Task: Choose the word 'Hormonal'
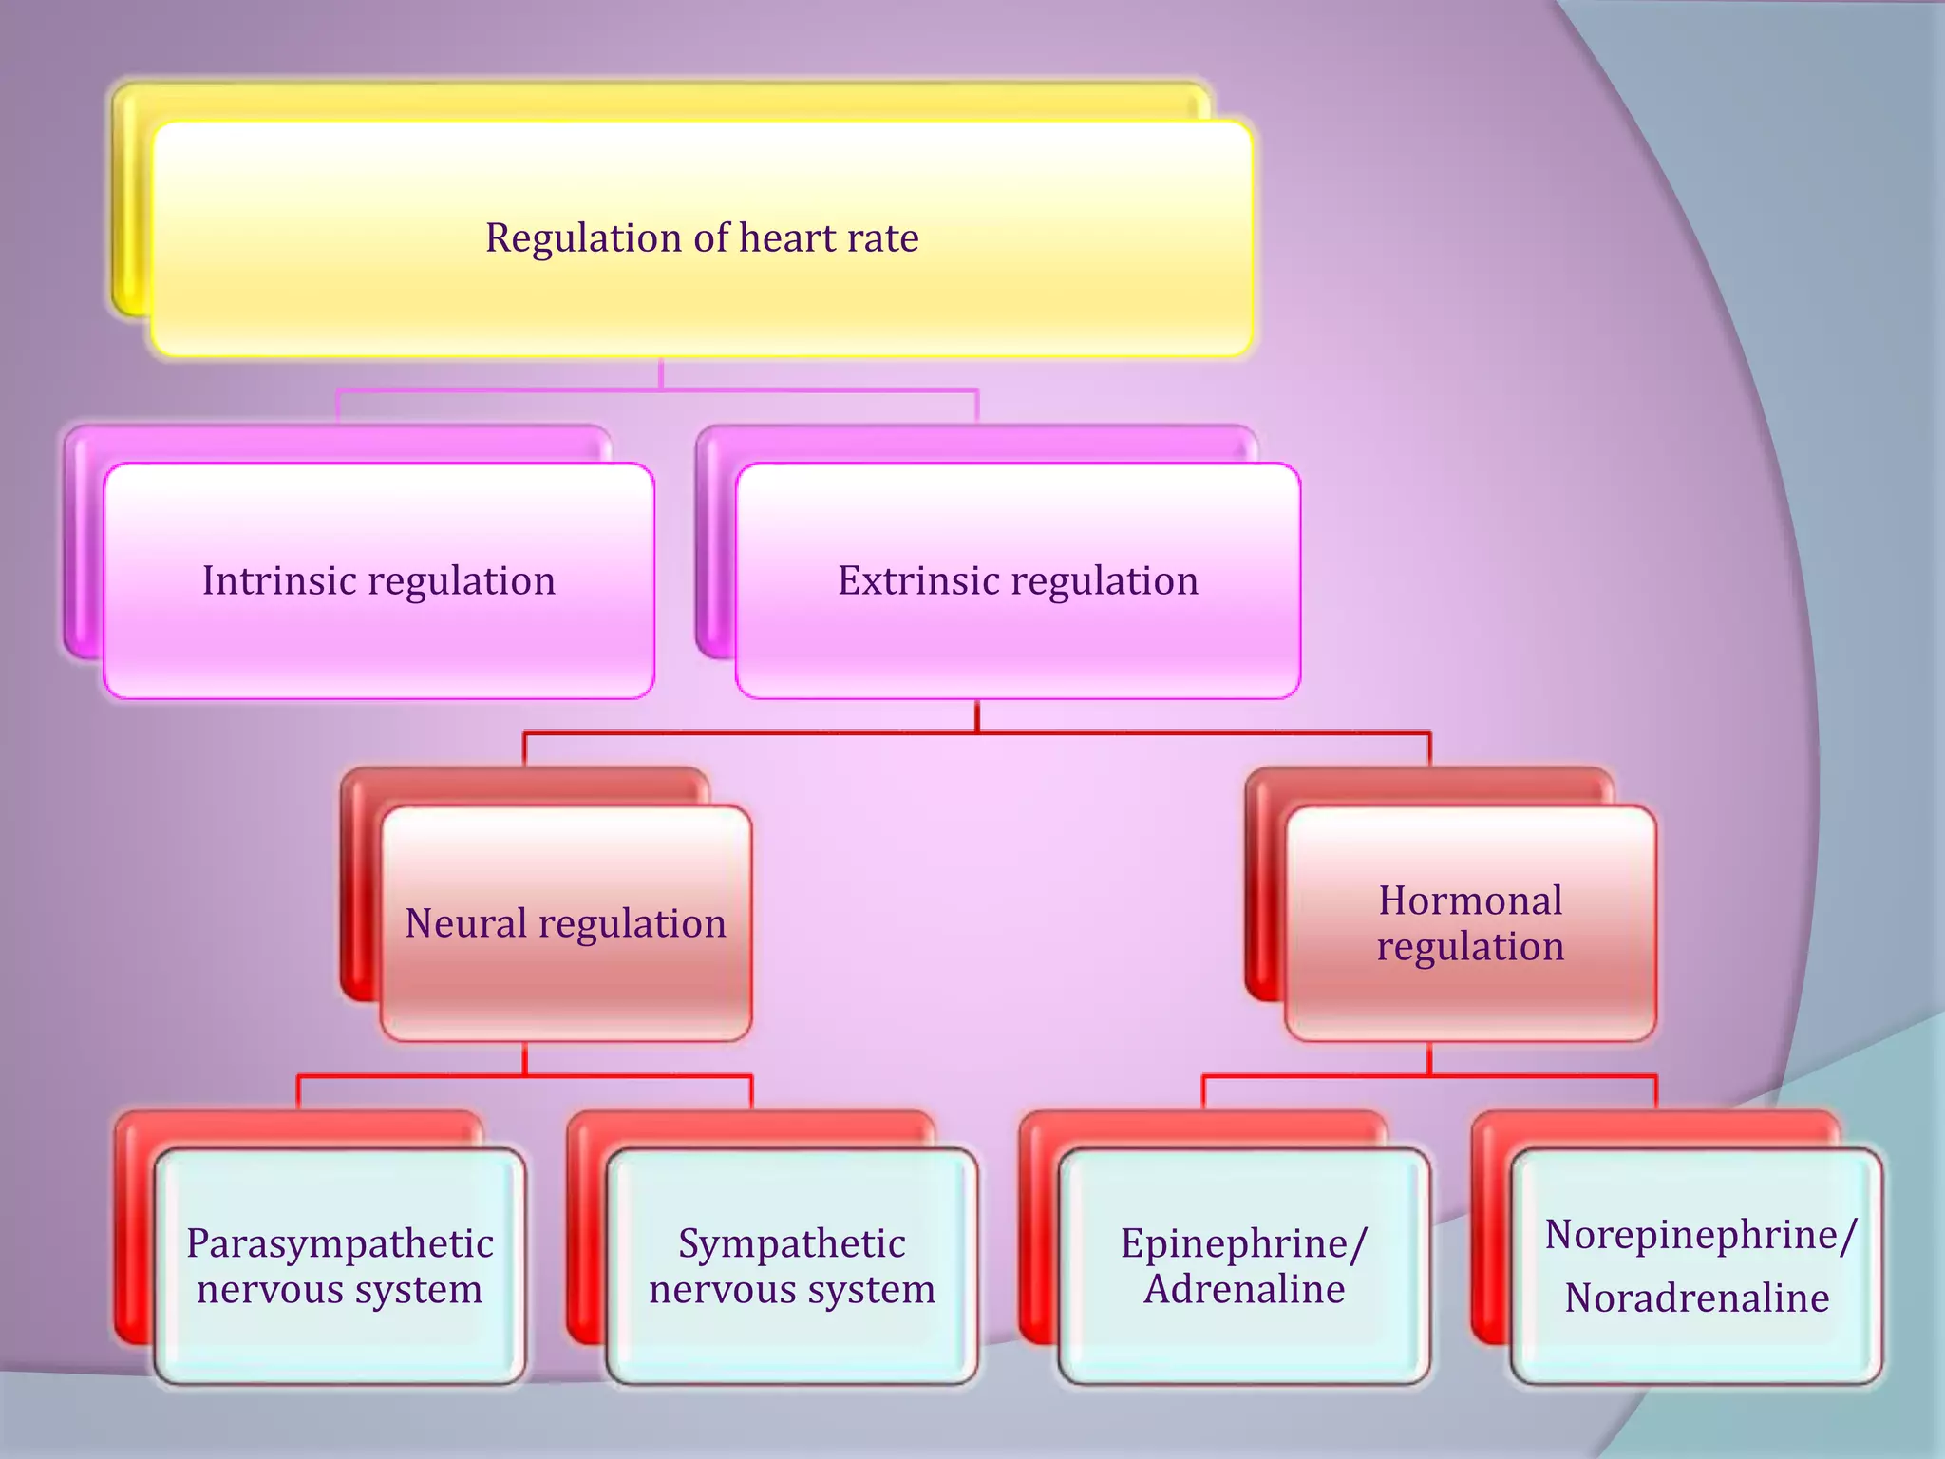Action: click(1470, 900)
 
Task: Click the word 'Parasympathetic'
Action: click(340, 1243)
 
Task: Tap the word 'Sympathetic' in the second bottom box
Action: click(792, 1243)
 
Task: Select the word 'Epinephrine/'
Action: click(1244, 1243)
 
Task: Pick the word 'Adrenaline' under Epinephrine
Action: click(1244, 1290)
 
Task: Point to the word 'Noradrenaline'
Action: click(1697, 1298)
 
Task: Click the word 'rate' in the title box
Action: click(883, 237)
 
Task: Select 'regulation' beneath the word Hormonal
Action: click(1470, 948)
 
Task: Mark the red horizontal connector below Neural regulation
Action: click(408, 1076)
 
